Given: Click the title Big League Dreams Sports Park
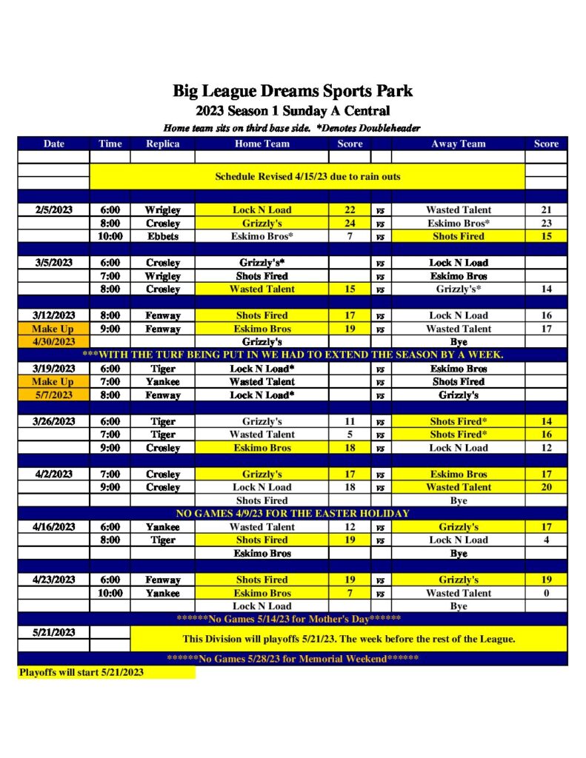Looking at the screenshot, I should [293, 92].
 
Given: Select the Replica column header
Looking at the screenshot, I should [163, 144].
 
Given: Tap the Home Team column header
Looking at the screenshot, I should [262, 144].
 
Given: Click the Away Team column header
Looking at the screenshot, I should [458, 144].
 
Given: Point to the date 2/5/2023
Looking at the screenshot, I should [54, 210].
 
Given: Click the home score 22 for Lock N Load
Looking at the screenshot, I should [350, 210].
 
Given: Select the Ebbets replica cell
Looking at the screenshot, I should [163, 237].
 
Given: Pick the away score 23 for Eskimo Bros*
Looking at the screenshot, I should [546, 224].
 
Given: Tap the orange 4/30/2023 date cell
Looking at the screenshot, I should [54, 342].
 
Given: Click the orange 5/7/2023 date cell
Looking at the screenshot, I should [54, 395].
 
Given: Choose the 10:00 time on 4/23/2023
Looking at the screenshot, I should [110, 593].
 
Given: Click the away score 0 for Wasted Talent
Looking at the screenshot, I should [546, 593].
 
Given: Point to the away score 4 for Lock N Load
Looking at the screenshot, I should [546, 540].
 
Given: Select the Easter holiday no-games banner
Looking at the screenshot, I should [293, 513].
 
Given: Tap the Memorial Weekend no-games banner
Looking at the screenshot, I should [293, 659].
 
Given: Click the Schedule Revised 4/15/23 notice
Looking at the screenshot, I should [307, 177].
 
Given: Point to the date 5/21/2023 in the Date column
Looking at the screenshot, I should [54, 633].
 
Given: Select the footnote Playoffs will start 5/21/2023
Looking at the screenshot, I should [81, 672].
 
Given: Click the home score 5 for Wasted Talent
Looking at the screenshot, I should [350, 435].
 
